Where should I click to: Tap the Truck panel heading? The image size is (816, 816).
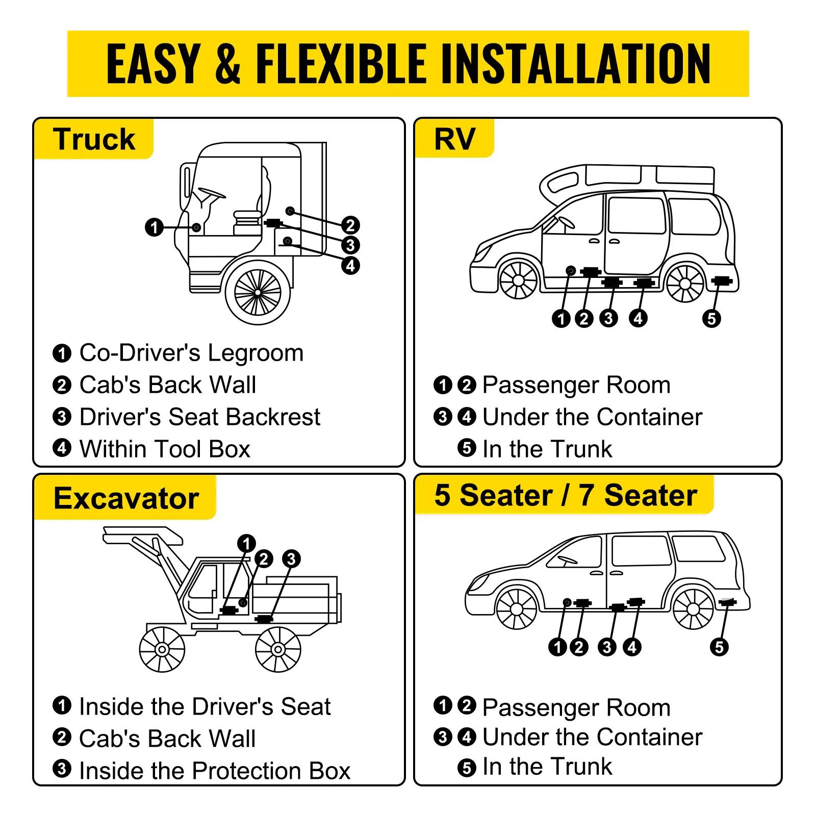point(94,139)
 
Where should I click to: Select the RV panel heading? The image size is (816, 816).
point(454,139)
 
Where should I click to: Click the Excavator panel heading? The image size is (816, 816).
point(126,498)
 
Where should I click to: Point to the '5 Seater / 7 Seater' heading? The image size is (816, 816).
point(565,495)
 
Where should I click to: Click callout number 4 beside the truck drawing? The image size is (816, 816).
point(350,265)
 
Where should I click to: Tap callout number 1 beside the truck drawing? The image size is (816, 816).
point(154,227)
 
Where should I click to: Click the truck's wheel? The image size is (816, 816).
point(258,292)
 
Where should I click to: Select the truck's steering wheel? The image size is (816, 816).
point(212,193)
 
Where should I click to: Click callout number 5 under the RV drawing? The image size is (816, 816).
point(711,318)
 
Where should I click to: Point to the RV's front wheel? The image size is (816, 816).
point(518,280)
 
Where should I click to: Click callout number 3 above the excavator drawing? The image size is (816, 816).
point(291,558)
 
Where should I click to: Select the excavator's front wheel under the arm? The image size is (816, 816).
point(162,649)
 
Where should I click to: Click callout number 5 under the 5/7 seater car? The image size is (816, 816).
point(719,647)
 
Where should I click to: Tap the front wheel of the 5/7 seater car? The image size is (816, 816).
point(517,609)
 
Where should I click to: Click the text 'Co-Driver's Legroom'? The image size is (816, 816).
point(191,353)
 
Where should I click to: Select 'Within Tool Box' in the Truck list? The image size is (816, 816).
point(165,449)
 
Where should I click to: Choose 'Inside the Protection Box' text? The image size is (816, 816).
point(215,771)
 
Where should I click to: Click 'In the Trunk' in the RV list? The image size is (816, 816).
point(547,449)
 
